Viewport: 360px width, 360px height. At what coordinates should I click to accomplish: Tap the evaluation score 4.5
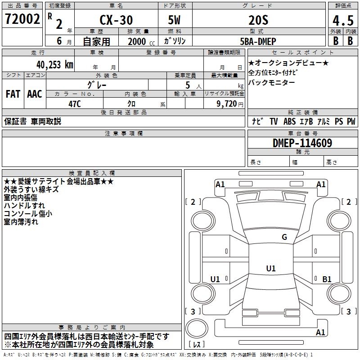343,21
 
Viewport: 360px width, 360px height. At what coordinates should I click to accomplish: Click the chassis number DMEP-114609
302,143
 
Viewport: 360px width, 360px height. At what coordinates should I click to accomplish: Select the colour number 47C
74,103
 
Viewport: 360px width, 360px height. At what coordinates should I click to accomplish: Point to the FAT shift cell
13,94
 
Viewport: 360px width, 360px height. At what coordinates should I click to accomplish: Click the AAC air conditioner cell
35,94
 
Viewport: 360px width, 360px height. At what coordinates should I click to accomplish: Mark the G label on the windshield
284,237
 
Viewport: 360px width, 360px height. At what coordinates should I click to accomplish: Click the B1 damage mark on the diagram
327,279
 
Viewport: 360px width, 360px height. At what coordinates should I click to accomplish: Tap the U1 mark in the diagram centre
270,269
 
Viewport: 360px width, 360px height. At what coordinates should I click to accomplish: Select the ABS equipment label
290,121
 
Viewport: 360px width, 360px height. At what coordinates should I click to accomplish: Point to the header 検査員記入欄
92,173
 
